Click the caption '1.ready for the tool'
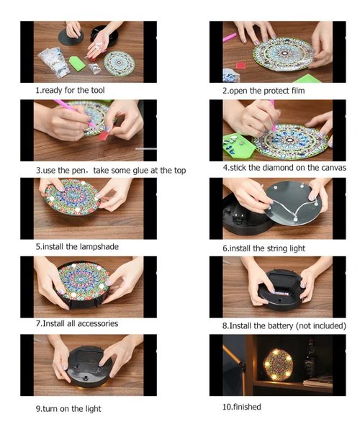pyautogui.click(x=70, y=90)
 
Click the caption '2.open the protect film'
pyautogui.click(x=264, y=91)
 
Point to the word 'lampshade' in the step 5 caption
pyautogui.click(x=99, y=246)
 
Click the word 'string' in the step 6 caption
pyautogui.click(x=276, y=248)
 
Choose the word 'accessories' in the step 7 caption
pyautogui.click(x=98, y=323)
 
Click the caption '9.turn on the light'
pyautogui.click(x=68, y=408)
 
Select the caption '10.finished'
pyautogui.click(x=242, y=407)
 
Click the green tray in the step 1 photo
pyautogui.click(x=77, y=63)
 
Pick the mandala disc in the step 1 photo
pyautogui.click(x=120, y=63)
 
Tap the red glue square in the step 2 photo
pyautogui.click(x=240, y=66)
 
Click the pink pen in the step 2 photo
pyautogui.click(x=230, y=37)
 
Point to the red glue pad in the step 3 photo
pyautogui.click(x=104, y=135)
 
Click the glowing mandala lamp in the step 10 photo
pyautogui.click(x=279, y=365)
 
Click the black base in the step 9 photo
pyautogui.click(x=89, y=366)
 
